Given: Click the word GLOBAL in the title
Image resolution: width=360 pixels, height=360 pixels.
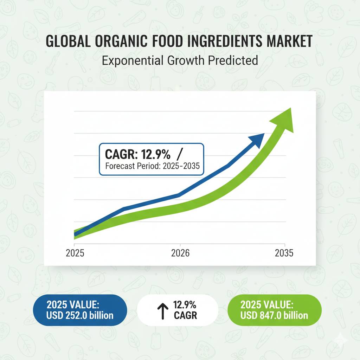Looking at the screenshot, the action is point(68,41).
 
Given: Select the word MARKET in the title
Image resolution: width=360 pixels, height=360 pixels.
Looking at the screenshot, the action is point(290,41).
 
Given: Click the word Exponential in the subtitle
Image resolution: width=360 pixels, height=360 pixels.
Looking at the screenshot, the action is point(133,61).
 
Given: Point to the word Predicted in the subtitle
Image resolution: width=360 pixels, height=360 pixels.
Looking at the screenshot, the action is point(233,60).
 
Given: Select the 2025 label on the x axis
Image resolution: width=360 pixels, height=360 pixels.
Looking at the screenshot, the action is point(75,253).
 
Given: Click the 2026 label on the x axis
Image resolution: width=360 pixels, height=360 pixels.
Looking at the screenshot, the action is point(180,253).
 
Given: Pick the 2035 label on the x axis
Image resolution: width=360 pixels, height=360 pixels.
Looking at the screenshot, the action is point(284,253).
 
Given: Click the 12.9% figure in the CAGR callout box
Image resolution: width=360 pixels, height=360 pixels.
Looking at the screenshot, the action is point(156,154).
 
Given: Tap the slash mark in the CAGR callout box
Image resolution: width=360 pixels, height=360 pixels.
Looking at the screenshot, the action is point(180,154).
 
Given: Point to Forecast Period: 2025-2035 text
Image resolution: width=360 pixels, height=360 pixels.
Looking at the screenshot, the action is point(153,166).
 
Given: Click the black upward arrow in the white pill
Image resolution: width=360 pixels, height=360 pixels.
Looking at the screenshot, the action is point(163,311).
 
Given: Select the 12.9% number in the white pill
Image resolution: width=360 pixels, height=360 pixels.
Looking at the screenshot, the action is point(185,305).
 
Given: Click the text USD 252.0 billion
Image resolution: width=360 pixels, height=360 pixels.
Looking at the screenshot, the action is point(80,315).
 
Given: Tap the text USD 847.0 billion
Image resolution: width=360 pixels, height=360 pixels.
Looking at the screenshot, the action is point(274,315).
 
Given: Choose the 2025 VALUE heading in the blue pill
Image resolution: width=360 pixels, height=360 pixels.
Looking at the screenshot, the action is point(73,305).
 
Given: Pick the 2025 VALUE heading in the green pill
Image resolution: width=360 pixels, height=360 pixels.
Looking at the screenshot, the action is point(267,305).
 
